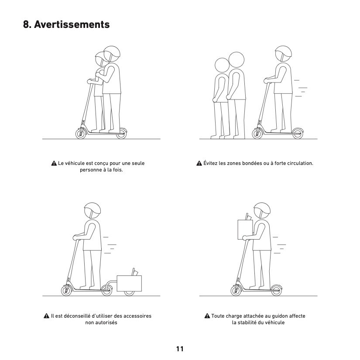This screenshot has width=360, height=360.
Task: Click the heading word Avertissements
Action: coord(72,24)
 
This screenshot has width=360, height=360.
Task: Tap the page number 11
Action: coord(180,349)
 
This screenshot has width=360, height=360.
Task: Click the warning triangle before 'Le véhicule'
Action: coord(54,164)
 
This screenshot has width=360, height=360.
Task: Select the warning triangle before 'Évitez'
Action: coord(199,163)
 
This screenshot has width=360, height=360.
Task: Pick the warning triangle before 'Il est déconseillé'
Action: coord(46,316)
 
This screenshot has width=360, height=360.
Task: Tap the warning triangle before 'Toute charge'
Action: coord(207,316)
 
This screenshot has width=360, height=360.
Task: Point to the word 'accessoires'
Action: coord(137,316)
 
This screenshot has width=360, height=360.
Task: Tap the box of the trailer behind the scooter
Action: coord(129,283)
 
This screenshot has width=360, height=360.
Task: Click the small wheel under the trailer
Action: coord(129,293)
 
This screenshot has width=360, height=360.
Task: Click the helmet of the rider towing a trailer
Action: coord(93,208)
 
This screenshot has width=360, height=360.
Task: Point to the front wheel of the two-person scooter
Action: coord(81,134)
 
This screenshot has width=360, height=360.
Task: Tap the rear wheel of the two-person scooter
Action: coord(121,134)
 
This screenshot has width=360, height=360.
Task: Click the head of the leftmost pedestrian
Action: coord(222,65)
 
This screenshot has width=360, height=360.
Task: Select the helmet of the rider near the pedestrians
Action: coord(283,51)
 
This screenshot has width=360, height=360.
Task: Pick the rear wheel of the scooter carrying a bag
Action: coord(276,291)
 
